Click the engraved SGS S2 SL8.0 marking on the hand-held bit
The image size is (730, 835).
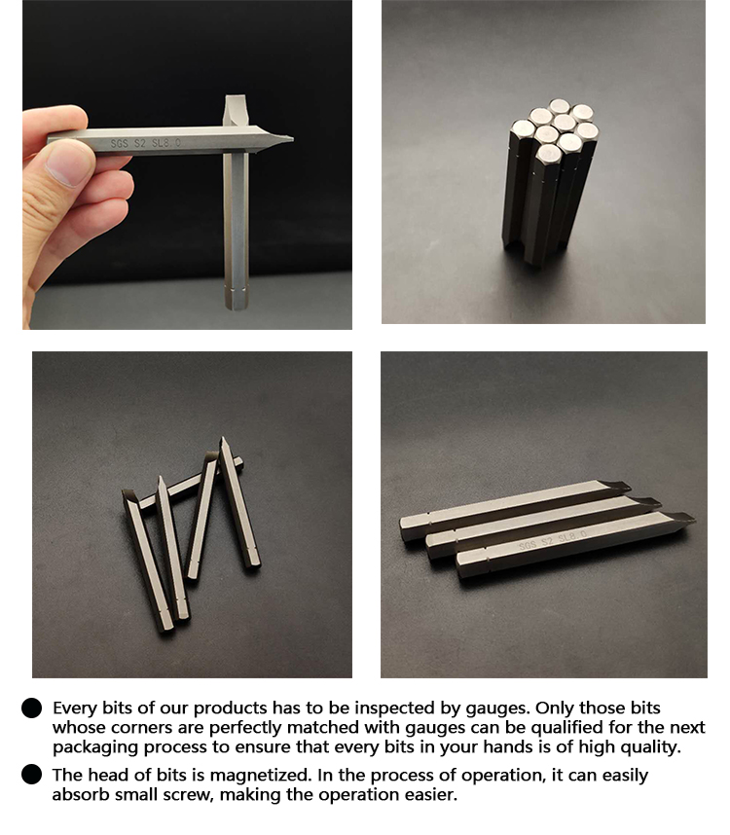[145, 143]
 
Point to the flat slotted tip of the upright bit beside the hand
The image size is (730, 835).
[235, 101]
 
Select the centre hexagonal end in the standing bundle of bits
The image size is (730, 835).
[564, 123]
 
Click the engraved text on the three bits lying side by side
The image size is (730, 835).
[553, 539]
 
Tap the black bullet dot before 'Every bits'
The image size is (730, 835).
[31, 708]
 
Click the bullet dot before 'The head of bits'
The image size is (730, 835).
[31, 775]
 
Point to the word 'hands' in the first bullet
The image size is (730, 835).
[507, 746]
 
